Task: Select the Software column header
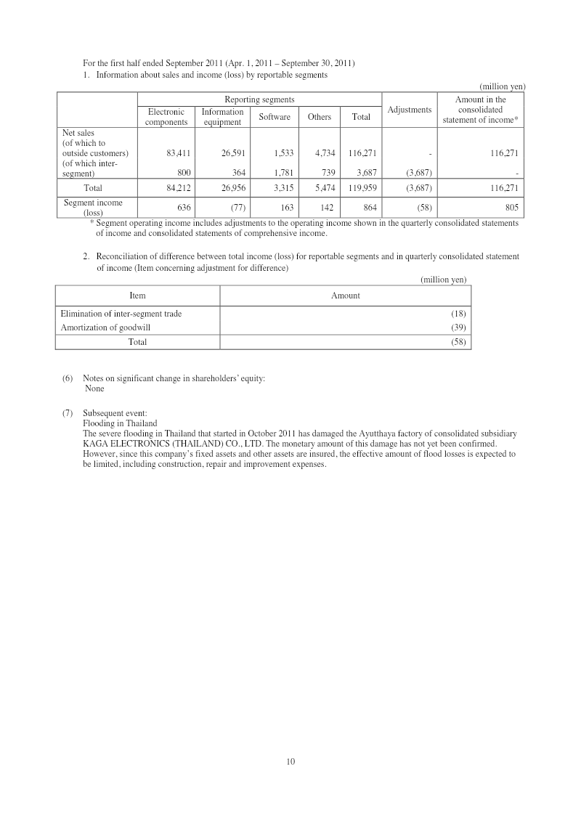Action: pos(275,117)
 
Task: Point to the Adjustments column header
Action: pos(410,110)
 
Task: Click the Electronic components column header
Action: pos(166,117)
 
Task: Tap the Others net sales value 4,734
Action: pos(322,154)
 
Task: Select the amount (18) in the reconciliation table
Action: pos(458,314)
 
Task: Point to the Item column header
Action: pos(137,296)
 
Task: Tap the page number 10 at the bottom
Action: pos(290,761)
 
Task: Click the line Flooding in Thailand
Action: pos(120,423)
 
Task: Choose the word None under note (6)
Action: pos(94,388)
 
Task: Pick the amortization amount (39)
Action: pos(458,327)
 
